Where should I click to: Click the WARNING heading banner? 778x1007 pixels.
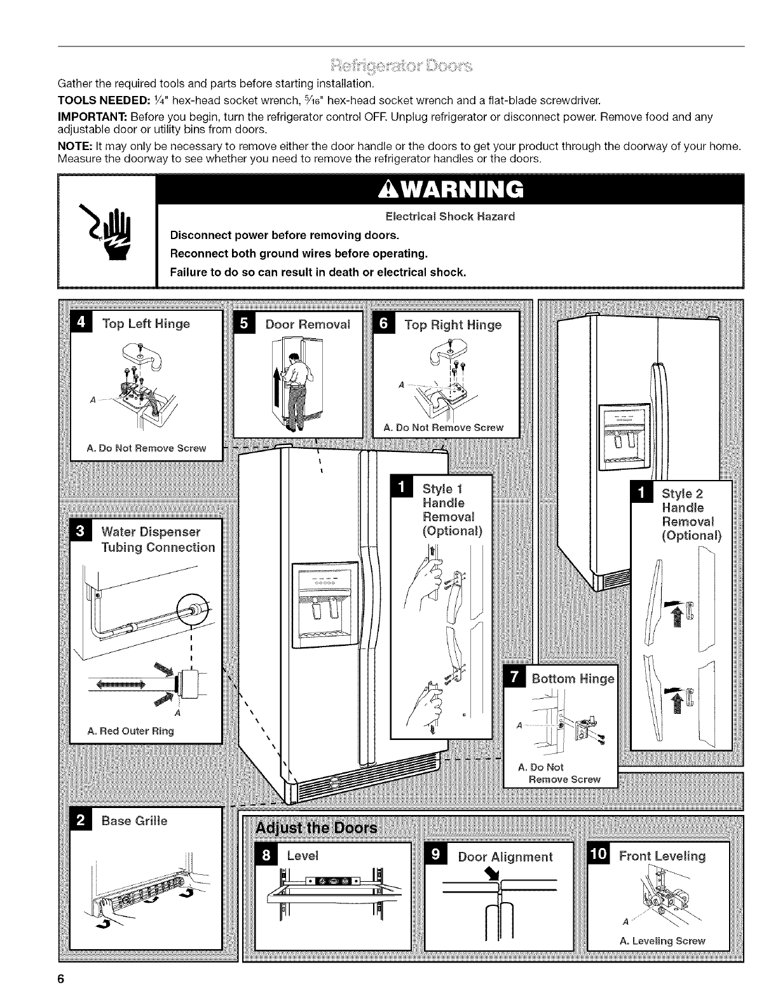(x=450, y=189)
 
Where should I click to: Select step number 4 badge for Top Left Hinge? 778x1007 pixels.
(x=82, y=323)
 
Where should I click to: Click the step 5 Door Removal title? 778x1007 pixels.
(x=308, y=324)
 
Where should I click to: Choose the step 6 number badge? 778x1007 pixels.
(x=385, y=324)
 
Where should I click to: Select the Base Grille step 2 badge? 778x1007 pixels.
(x=81, y=820)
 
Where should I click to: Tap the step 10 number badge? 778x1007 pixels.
(x=598, y=856)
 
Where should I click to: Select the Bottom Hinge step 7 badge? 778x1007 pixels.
(x=513, y=678)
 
